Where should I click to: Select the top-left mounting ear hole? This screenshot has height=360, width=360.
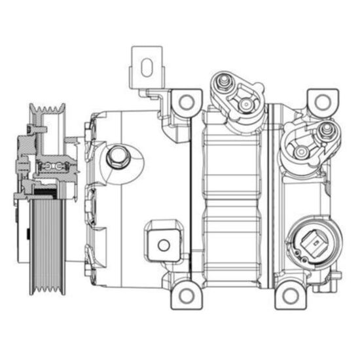[x=186, y=101]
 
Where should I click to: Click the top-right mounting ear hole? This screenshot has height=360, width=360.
[x=321, y=101]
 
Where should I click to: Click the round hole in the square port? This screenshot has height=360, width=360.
[x=164, y=245]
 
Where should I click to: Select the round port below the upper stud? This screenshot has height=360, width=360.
[x=244, y=103]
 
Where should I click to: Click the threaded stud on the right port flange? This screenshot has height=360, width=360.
[x=325, y=130]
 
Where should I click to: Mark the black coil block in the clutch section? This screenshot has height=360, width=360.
[x=45, y=190]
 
